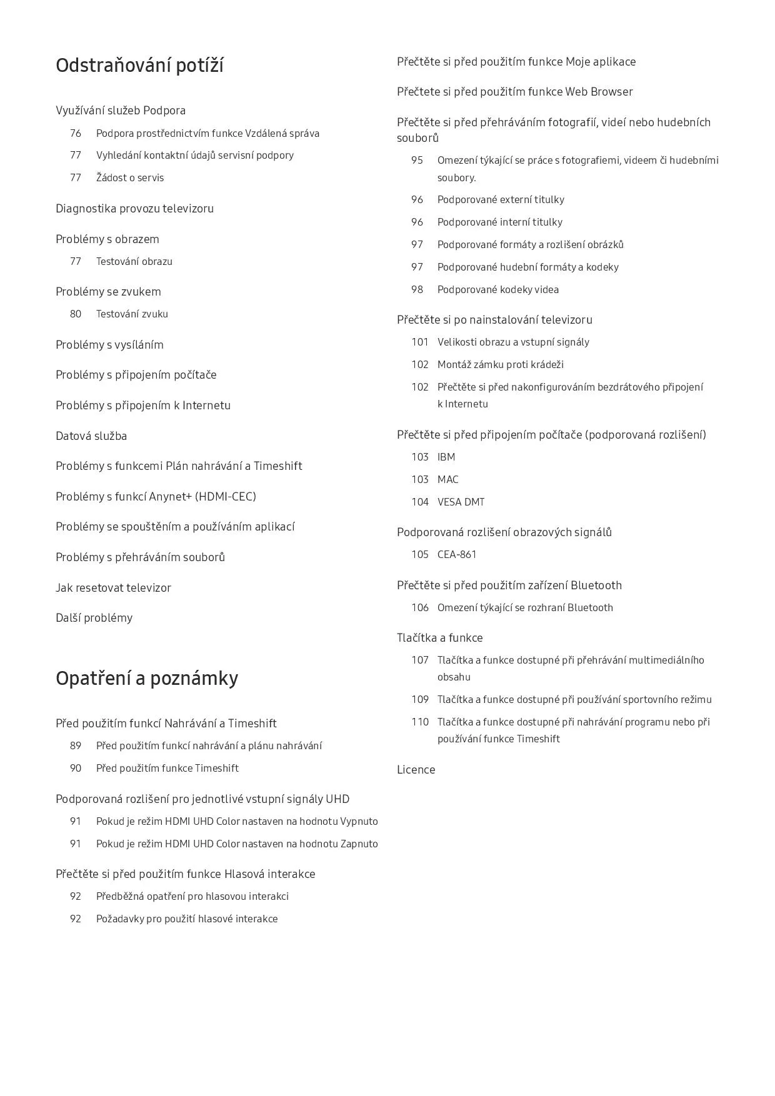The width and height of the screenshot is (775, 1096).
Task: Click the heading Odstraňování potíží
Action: pyautogui.click(x=139, y=66)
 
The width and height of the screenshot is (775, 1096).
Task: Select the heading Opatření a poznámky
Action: pyautogui.click(x=147, y=679)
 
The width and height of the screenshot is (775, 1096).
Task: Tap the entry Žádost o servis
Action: pyautogui.click(x=130, y=178)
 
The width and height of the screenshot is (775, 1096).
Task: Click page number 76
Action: pyautogui.click(x=76, y=133)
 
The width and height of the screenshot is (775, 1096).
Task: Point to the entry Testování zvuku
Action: pyautogui.click(x=132, y=314)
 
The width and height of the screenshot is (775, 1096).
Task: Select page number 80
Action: pyautogui.click(x=76, y=314)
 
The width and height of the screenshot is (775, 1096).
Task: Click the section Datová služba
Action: pyautogui.click(x=91, y=436)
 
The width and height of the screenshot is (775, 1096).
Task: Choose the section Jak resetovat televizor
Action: pyautogui.click(x=113, y=588)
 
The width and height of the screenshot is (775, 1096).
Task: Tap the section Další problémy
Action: pyautogui.click(x=94, y=618)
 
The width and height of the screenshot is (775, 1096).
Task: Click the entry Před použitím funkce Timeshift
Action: pyautogui.click(x=167, y=769)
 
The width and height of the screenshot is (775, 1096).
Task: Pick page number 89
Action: pyautogui.click(x=76, y=746)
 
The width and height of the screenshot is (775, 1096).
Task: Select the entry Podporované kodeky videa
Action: pyautogui.click(x=498, y=290)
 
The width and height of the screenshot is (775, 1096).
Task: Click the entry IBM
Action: pyautogui.click(x=446, y=457)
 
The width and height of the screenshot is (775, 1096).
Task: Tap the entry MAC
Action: pyautogui.click(x=447, y=480)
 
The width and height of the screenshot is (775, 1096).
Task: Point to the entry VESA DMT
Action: pyautogui.click(x=461, y=502)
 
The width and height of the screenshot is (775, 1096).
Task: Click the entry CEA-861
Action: pyautogui.click(x=457, y=555)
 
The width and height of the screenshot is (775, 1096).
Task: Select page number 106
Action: pyautogui.click(x=420, y=608)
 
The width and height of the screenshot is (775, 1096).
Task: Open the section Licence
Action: pyautogui.click(x=416, y=770)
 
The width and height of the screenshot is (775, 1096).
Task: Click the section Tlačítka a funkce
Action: pyautogui.click(x=439, y=638)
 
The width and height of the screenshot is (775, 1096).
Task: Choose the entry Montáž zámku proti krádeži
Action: pyautogui.click(x=501, y=365)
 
